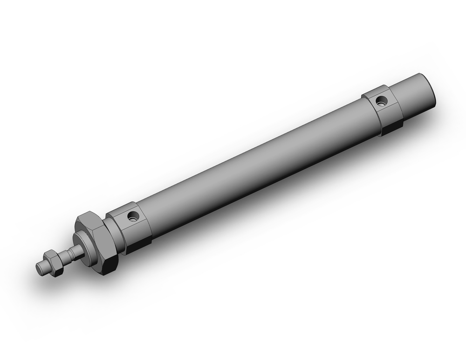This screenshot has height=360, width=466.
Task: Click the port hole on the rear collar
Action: [382, 100]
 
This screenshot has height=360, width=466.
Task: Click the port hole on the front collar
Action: [134, 215]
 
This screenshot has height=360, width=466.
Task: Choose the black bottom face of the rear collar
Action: [392, 126]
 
